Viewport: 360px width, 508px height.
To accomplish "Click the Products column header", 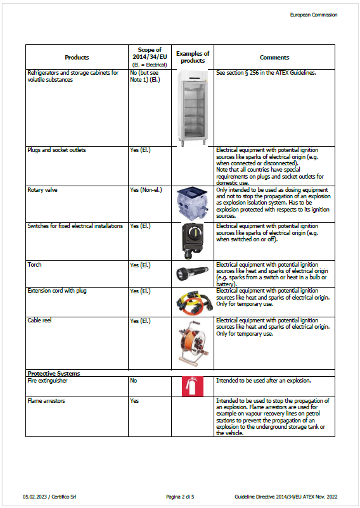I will click(77, 57).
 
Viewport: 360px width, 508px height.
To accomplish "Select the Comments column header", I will click(274, 57).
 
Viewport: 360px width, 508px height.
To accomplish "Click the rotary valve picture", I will click(193, 203).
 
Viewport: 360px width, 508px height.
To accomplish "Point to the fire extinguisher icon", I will click(193, 386).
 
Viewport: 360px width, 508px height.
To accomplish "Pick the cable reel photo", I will click(193, 343).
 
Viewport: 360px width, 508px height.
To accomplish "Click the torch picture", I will click(193, 274).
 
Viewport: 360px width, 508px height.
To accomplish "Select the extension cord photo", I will click(193, 302).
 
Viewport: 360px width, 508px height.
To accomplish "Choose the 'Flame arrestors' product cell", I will click(46, 401).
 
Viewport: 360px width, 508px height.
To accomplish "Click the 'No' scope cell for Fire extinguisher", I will click(134, 381).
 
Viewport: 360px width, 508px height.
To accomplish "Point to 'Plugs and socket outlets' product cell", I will click(57, 150).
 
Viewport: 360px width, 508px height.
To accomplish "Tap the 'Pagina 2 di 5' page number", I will click(180, 496).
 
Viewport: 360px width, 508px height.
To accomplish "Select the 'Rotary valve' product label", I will click(43, 190).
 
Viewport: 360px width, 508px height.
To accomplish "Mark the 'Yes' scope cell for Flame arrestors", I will click(134, 401).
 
